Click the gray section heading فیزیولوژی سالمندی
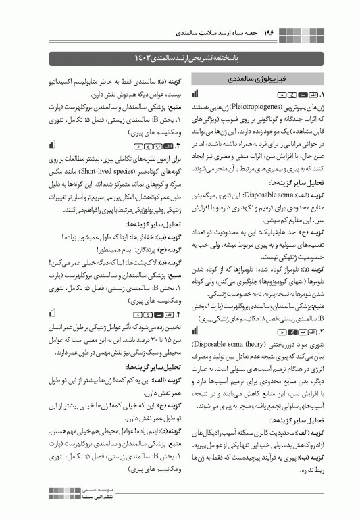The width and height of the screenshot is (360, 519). (x=263, y=78)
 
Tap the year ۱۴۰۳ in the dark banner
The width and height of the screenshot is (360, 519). (x=144, y=53)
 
